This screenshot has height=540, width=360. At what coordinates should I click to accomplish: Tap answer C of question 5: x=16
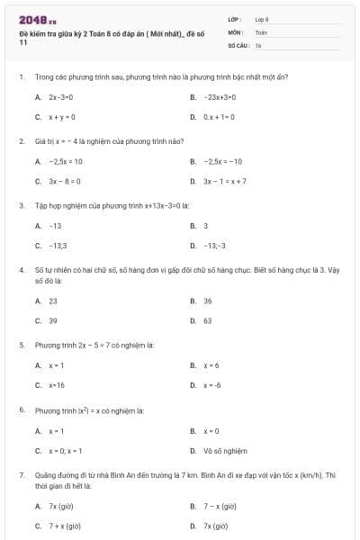pyautogui.click(x=57, y=385)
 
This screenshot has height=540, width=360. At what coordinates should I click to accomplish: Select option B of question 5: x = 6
pyautogui.click(x=211, y=365)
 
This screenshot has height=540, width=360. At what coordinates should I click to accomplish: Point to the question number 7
pyautogui.click(x=22, y=473)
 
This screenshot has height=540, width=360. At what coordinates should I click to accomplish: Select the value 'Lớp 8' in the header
pyautogui.click(x=262, y=19)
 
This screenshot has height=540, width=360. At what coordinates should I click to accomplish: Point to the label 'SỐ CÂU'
pyautogui.click(x=237, y=44)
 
